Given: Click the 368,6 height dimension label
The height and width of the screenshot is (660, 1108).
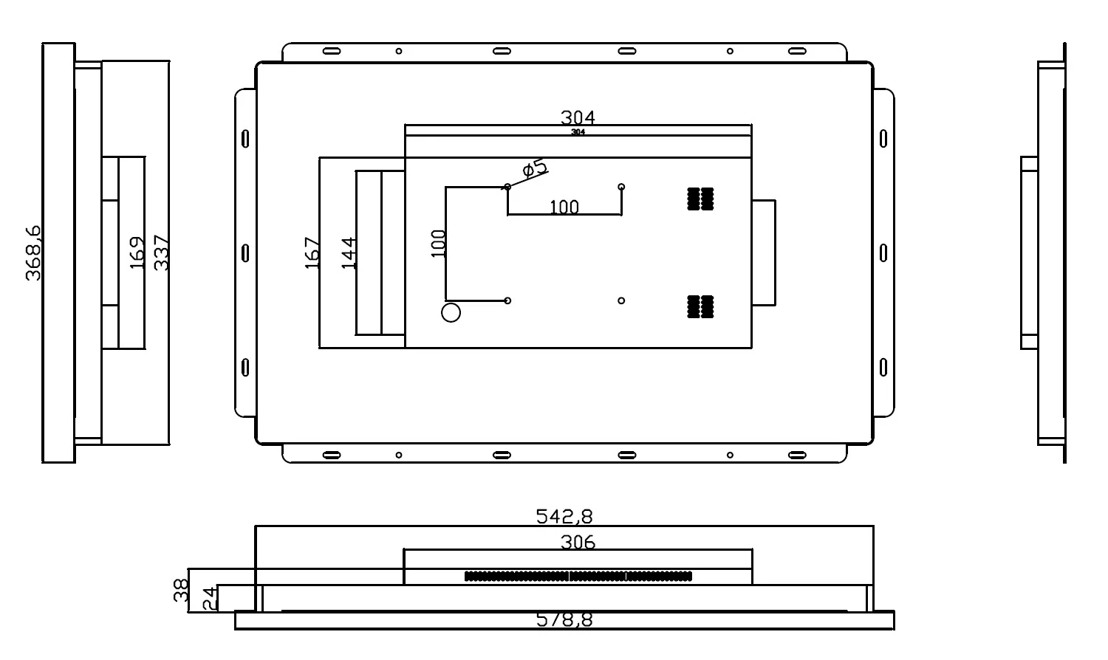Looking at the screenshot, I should click(33, 252).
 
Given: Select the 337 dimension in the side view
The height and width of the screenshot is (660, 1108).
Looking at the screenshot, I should click(161, 252).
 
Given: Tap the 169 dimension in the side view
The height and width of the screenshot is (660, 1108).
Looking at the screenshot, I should click(137, 252).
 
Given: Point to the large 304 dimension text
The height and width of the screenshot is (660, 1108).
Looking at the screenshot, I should click(578, 117).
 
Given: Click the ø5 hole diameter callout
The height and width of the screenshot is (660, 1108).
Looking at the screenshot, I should click(535, 168).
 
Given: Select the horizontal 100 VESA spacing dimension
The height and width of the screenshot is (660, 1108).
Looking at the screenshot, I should click(564, 207).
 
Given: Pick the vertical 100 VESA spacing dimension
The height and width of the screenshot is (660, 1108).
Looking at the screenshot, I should click(438, 243).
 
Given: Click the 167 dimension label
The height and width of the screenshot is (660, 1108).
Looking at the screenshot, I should click(312, 252).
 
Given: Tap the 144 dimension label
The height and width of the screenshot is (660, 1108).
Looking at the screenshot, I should click(349, 252).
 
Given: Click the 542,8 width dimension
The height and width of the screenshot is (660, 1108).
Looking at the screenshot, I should click(564, 516).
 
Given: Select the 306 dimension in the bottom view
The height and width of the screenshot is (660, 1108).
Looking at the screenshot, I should click(578, 543).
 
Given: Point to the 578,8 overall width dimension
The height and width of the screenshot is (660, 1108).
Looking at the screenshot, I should click(564, 620).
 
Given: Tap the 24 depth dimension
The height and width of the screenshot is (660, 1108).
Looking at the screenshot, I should click(209, 598).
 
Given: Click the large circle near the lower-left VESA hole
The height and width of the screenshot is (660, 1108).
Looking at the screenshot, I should click(451, 312).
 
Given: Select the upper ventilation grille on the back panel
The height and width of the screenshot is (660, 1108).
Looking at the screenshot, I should click(700, 199).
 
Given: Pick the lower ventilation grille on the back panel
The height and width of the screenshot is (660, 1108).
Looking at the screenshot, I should click(700, 306).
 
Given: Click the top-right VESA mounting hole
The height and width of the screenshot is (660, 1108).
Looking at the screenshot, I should click(621, 187).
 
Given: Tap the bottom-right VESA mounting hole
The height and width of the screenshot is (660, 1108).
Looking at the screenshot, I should click(621, 300).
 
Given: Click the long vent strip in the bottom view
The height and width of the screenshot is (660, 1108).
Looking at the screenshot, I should click(578, 576).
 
